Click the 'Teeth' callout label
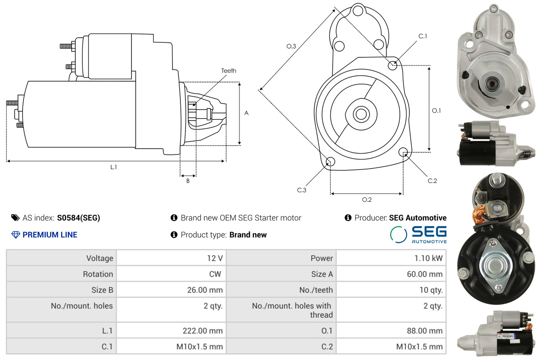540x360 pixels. point(229,71)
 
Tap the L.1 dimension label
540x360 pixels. point(113,167)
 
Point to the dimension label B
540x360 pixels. point(188,181)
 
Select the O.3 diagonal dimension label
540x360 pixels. point(291,46)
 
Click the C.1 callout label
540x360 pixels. point(423,36)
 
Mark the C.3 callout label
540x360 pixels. point(301,190)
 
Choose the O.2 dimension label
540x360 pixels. point(367,200)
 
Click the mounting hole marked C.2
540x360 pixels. point(403,152)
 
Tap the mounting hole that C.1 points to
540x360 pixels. point(393,65)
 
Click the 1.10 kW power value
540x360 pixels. point(428,258)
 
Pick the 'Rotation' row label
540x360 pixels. point(98,274)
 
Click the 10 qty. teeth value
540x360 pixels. point(431,290)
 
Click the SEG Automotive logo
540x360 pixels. point(418,234)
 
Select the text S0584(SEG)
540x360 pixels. point(78,218)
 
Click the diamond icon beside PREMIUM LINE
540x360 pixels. point(15,234)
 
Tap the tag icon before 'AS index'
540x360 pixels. point(15,218)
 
